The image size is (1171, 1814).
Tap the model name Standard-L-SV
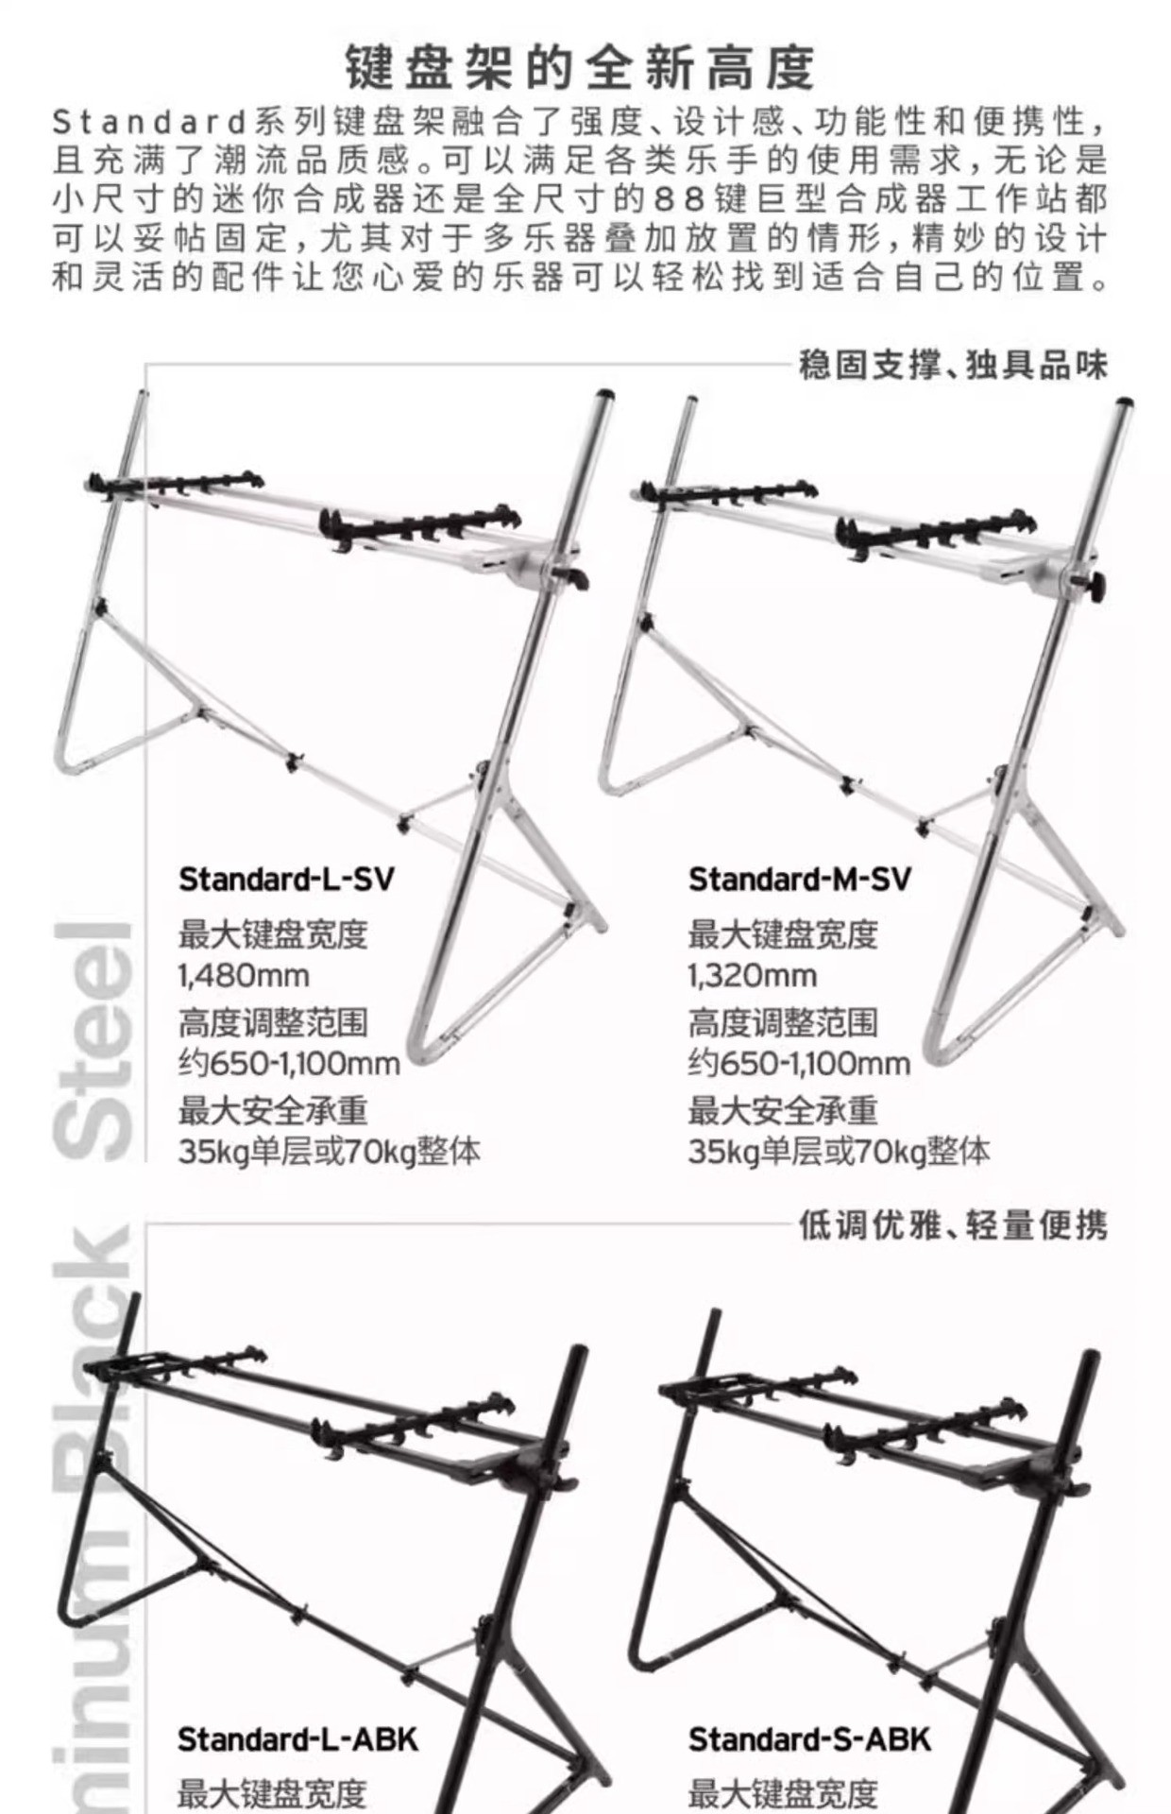[286, 880]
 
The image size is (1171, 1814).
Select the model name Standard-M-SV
[799, 880]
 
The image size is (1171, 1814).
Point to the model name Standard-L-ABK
[297, 1739]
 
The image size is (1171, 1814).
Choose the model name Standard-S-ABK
[809, 1739]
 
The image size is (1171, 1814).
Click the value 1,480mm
[244, 975]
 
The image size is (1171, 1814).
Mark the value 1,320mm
[752, 975]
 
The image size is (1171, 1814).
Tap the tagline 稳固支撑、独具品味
[952, 365]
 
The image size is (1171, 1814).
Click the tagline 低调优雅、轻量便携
[952, 1225]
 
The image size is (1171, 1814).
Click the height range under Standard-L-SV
[289, 1064]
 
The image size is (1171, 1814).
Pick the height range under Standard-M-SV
[799, 1064]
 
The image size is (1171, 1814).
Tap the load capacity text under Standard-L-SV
[329, 1152]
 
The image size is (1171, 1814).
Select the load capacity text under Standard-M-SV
[839, 1152]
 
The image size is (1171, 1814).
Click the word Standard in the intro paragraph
[149, 122]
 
